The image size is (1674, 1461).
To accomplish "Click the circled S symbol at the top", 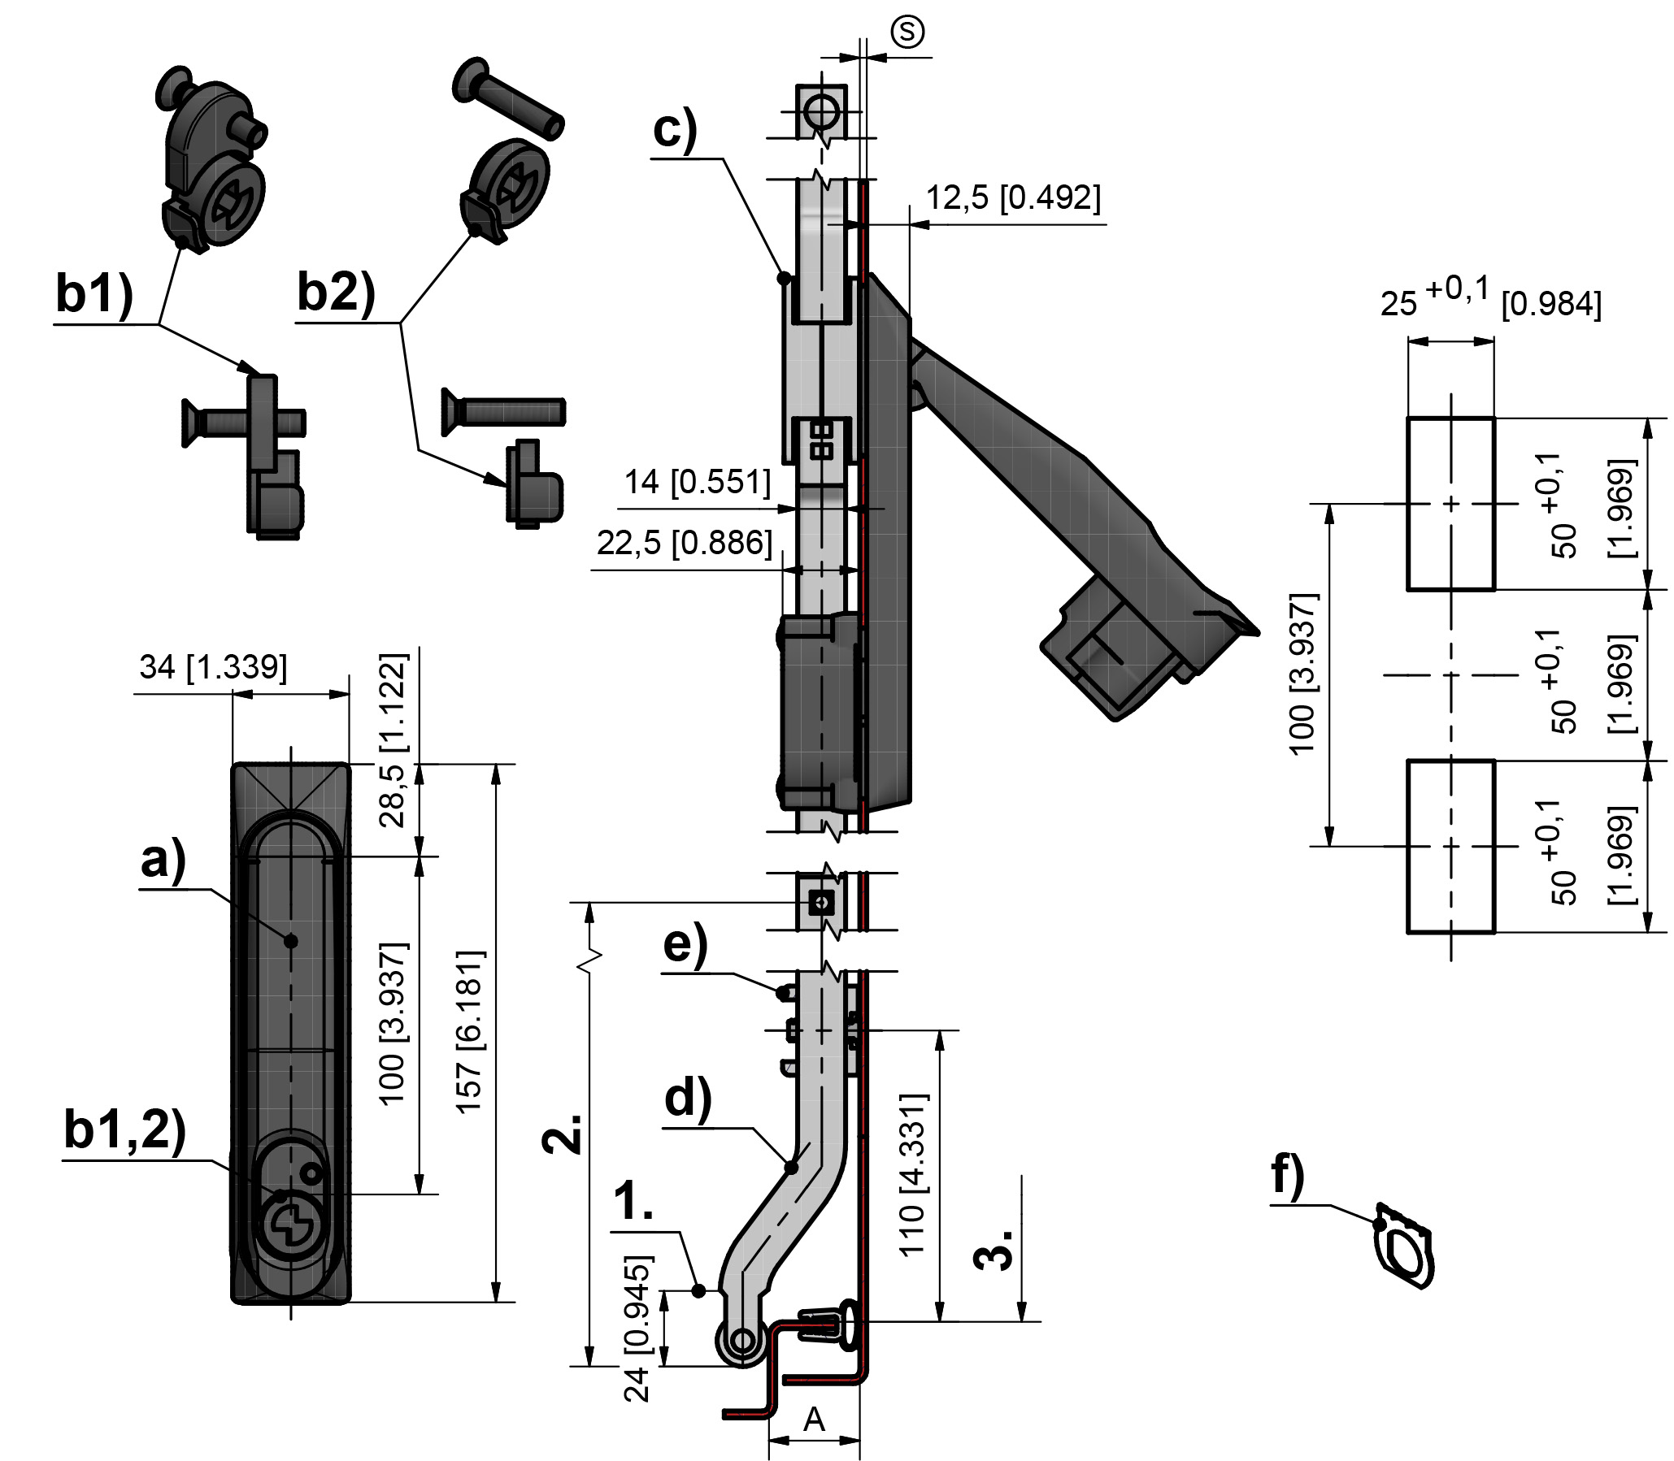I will coord(907,33).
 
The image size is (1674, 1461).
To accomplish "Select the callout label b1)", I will coord(93,293).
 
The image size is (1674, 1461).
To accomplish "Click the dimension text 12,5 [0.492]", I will coord(1013,198).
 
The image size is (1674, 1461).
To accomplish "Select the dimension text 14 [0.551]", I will coord(698,482).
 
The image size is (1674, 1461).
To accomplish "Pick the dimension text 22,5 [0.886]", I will coord(685,543).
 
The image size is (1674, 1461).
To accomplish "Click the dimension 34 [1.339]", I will coord(213,667).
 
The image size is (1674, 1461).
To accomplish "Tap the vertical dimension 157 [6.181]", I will coord(470,1030).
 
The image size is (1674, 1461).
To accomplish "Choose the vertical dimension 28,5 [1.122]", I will coord(393,740).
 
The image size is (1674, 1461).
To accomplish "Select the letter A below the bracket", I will coord(813,1420).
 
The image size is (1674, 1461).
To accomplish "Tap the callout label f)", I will coord(1288,1177).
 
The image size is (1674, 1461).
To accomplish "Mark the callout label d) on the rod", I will coord(688,1099).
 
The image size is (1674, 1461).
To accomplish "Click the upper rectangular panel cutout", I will coord(1450,503).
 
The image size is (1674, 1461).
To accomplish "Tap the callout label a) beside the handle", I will coord(163,861).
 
